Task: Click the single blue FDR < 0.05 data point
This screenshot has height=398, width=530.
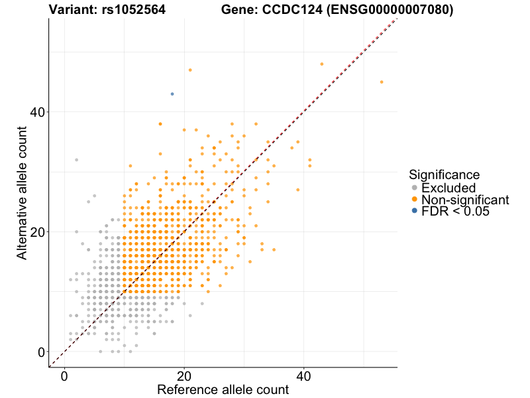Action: coord(172,94)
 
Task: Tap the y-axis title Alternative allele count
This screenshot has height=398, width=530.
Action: coord(23,192)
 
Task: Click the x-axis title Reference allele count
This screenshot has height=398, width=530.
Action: coord(223,389)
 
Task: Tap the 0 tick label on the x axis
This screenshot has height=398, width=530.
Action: coord(64,375)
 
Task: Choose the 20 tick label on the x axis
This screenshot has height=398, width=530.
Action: coord(184,375)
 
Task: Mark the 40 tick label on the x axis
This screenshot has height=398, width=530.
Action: coord(304,375)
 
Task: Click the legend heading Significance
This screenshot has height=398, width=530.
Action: coord(444,175)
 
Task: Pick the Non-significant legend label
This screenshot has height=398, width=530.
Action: coord(465,200)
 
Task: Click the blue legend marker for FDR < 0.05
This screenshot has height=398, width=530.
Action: coord(415,211)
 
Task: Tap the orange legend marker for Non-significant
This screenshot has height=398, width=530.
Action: coord(415,199)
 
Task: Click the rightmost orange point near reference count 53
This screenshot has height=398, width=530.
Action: coord(382,82)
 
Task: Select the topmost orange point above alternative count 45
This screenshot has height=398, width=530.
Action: coord(190,70)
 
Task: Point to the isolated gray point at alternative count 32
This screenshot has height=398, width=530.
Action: coord(76,160)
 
